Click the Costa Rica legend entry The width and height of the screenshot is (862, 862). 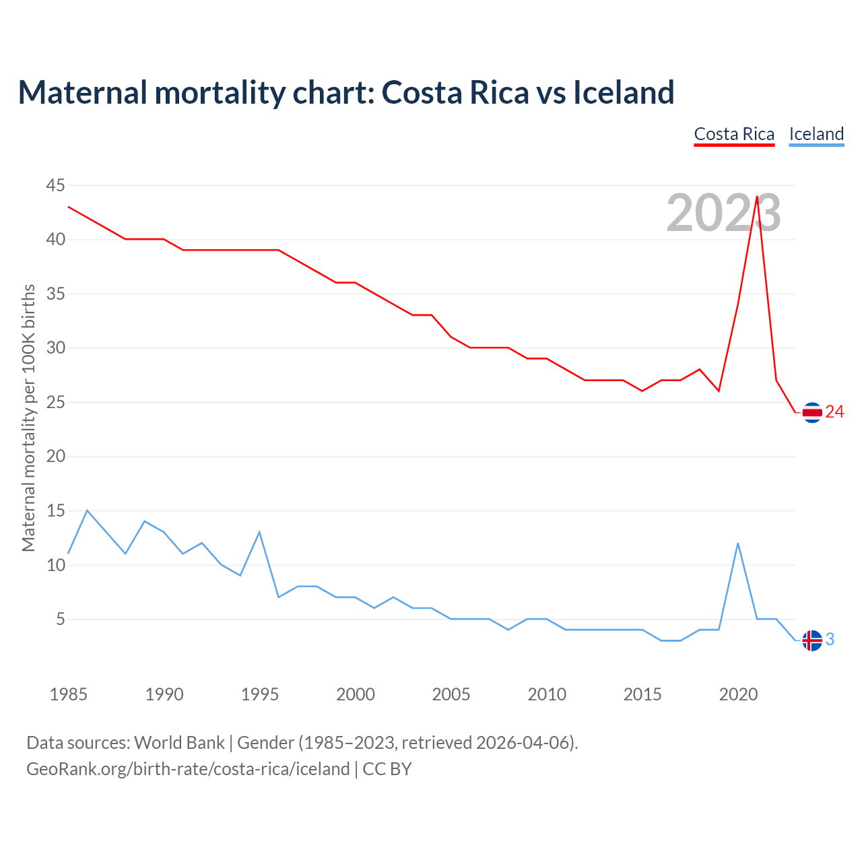734,134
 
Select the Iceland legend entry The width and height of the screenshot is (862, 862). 816,134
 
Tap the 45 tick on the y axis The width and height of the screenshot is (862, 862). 56,185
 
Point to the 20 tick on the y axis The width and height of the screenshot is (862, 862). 56,457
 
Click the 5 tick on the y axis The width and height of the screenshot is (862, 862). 61,619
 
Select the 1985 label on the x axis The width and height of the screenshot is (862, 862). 69,694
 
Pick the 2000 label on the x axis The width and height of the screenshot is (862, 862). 356,694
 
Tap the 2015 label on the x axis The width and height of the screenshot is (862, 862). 642,694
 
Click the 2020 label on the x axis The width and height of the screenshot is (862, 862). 738,694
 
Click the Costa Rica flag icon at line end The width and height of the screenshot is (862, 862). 812,412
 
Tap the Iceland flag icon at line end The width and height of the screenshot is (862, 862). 812,640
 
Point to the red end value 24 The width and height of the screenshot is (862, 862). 834,412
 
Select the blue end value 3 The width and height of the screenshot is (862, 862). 830,640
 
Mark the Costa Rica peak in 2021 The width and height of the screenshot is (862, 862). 757,197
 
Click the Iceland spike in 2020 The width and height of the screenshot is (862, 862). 738,543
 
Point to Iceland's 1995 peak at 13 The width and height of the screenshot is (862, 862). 259,533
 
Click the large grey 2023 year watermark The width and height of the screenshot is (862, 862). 723,213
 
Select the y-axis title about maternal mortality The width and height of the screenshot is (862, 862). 28,418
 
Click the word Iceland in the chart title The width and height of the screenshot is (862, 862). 624,92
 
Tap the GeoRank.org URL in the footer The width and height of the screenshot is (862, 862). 188,769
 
